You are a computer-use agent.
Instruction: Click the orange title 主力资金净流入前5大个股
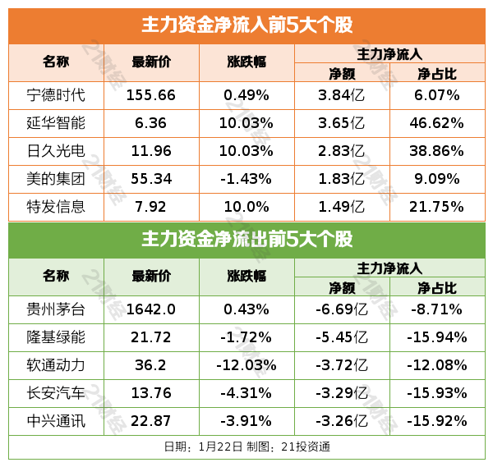246,25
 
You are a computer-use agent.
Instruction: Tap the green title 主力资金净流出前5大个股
246,240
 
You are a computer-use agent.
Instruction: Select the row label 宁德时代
56,95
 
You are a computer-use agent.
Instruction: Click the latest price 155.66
151,95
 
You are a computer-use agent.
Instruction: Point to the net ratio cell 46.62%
436,123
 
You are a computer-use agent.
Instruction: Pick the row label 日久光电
56,151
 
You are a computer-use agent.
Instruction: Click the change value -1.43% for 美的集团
246,178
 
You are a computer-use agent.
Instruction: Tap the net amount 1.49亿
341,206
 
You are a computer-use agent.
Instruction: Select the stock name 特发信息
56,206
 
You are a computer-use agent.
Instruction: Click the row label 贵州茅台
56,309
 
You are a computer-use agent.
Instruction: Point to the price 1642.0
151,309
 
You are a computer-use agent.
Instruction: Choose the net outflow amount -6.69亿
341,309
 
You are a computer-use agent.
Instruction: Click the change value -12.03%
246,365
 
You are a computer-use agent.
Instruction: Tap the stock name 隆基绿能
56,337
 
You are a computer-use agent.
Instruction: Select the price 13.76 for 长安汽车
151,393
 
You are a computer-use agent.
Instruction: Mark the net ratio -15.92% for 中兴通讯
436,421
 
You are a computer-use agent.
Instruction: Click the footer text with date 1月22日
246,447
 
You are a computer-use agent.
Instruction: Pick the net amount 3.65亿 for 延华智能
341,123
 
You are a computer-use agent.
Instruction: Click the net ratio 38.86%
436,151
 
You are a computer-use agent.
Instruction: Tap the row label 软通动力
56,365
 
